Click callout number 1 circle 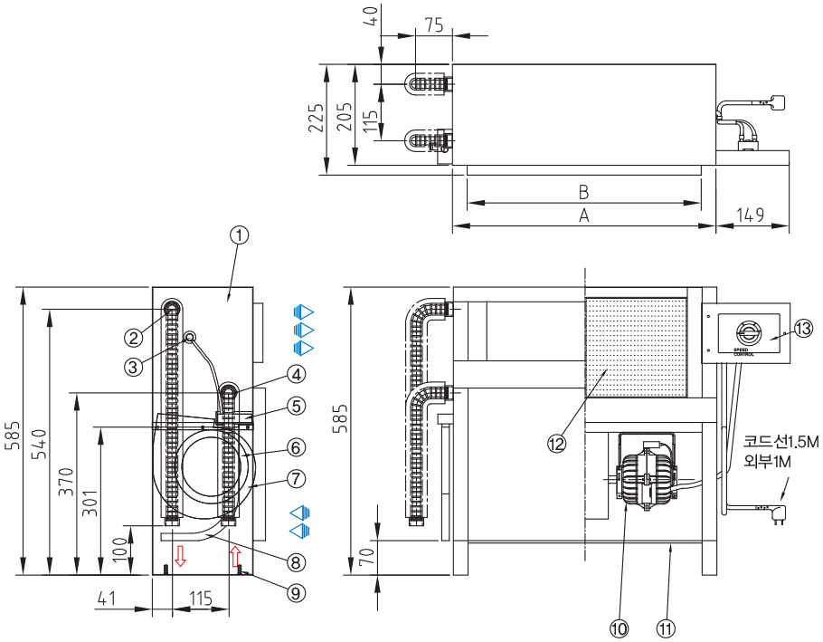[239, 235]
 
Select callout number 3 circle [133, 366]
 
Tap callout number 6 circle [296, 446]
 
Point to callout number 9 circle [296, 593]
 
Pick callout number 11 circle [667, 626]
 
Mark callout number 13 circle [804, 328]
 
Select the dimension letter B [584, 192]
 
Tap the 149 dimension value [751, 215]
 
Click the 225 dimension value [316, 118]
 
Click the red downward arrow [181, 556]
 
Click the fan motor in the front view [646, 475]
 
